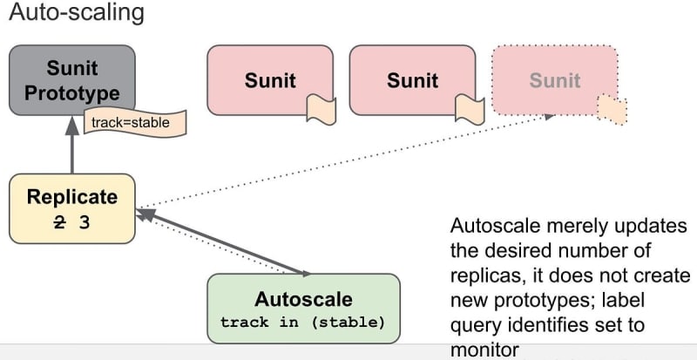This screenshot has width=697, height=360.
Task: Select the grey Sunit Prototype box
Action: coord(71,80)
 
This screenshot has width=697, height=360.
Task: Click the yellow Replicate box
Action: coord(71,207)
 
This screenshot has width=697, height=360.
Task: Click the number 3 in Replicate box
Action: coord(85,221)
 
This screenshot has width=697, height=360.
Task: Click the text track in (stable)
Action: coord(302,323)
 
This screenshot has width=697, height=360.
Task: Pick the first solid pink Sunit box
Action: coord(270,80)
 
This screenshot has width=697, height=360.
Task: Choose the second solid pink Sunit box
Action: coord(412,80)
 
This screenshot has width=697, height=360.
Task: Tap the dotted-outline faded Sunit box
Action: coord(555,80)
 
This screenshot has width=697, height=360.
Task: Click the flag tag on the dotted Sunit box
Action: coord(612,109)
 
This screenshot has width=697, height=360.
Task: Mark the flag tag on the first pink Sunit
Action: coord(321,110)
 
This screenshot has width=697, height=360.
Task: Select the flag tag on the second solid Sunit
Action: coord(470,110)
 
